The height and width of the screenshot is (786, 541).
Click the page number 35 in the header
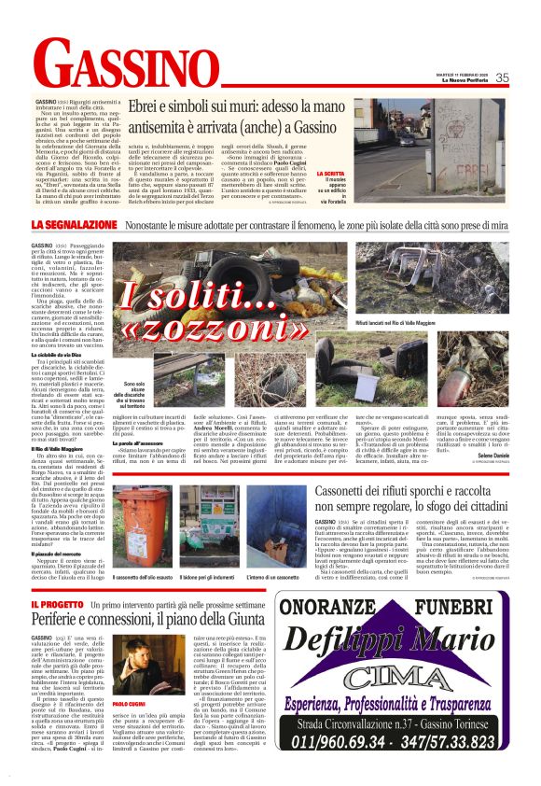tap(501, 77)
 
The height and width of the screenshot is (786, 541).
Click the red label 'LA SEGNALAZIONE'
tap(73, 226)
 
